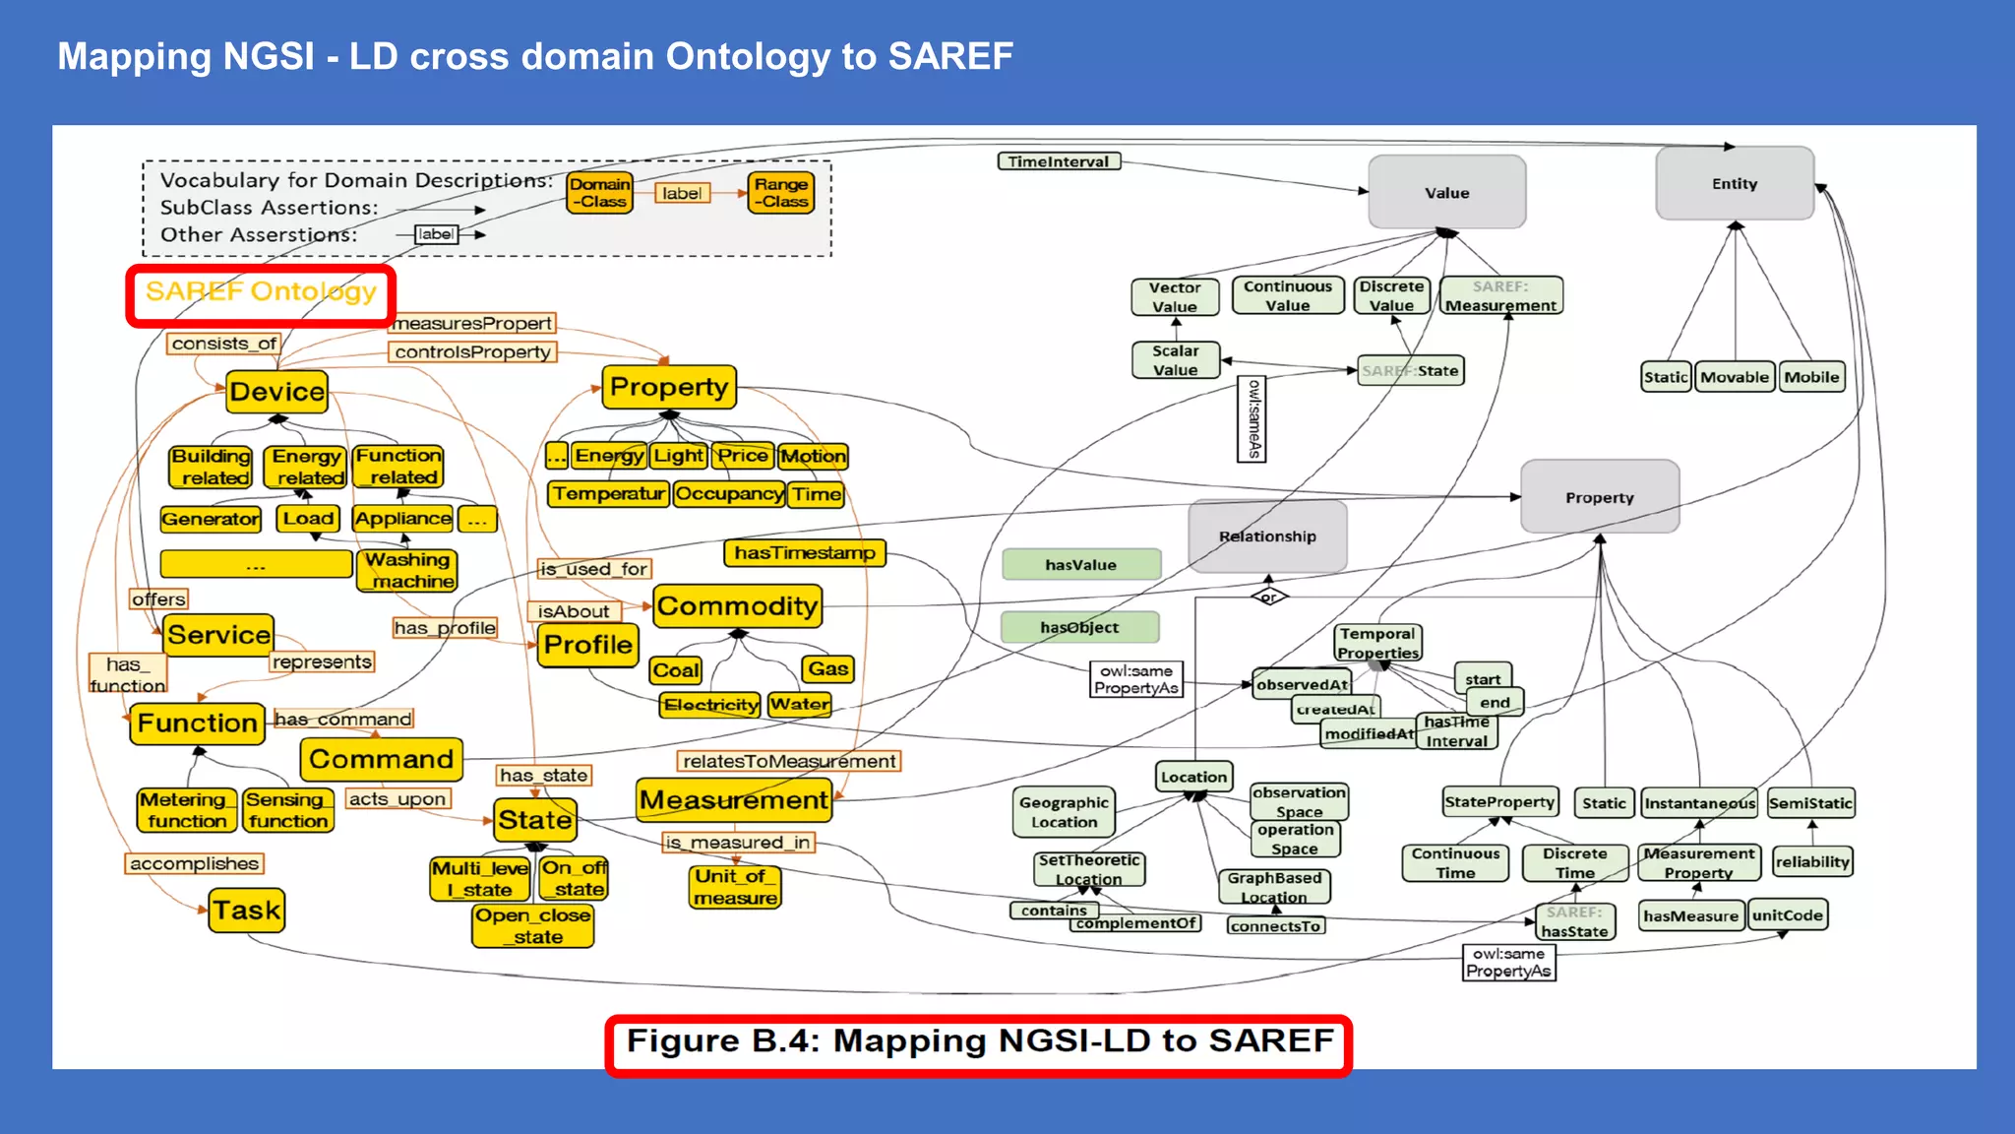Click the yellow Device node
[276, 392]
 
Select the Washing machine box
[407, 571]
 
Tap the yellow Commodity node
[737, 606]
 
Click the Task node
[247, 911]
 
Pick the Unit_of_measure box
[735, 887]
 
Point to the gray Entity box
[1734, 184]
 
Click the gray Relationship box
[1267, 536]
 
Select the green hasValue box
[1080, 565]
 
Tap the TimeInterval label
[1058, 161]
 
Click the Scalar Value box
[1175, 360]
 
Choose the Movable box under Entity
[1734, 377]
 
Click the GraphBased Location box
[1273, 887]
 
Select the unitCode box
[1787, 915]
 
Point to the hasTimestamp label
[804, 553]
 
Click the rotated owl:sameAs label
[1252, 419]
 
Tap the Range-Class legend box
[781, 193]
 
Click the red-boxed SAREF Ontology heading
[261, 293]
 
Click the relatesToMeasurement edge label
[789, 761]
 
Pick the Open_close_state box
[532, 926]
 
